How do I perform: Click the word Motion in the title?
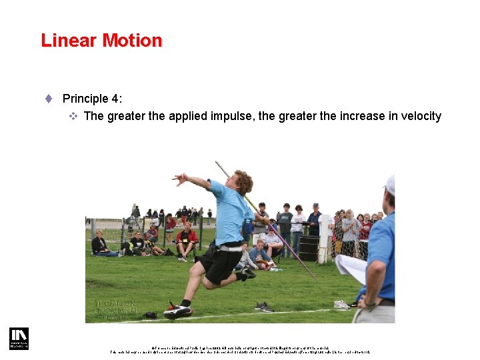click(x=131, y=41)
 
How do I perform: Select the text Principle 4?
click(x=92, y=99)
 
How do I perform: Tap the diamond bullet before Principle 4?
click(x=49, y=99)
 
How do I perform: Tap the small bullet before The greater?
click(x=74, y=117)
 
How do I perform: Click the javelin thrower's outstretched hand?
click(x=178, y=179)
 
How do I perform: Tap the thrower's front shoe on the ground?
click(x=177, y=311)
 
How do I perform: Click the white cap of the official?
click(x=390, y=184)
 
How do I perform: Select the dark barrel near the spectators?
click(x=308, y=247)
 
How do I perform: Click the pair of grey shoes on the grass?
click(x=263, y=307)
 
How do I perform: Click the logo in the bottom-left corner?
click(x=19, y=338)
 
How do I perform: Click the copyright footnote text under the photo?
click(x=240, y=349)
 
